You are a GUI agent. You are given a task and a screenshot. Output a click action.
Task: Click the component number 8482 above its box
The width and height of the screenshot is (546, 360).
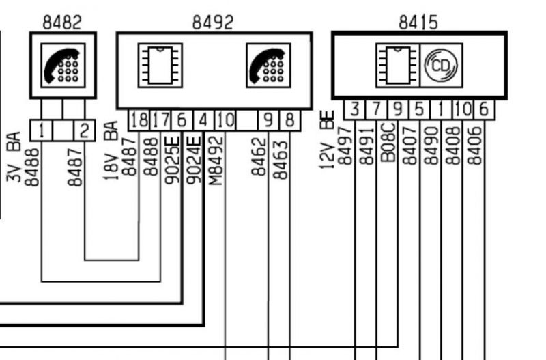pyautogui.click(x=62, y=22)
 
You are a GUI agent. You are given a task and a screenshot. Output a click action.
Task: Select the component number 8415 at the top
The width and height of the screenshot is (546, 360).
pyautogui.click(x=418, y=22)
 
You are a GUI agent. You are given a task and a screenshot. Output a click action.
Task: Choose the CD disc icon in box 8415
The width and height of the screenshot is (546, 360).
pyautogui.click(x=441, y=66)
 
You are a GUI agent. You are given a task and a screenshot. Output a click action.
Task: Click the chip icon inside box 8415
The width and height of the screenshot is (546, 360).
pyautogui.click(x=397, y=66)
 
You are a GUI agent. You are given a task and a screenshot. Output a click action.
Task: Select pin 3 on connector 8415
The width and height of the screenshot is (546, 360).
pyautogui.click(x=355, y=109)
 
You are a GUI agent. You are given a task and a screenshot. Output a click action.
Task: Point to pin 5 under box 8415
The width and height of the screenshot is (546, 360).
pyautogui.click(x=420, y=109)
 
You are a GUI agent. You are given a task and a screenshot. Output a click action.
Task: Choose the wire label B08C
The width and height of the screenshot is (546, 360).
pyautogui.click(x=388, y=142)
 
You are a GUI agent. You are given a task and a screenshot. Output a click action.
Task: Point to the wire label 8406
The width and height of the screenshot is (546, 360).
pyautogui.click(x=475, y=144)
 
